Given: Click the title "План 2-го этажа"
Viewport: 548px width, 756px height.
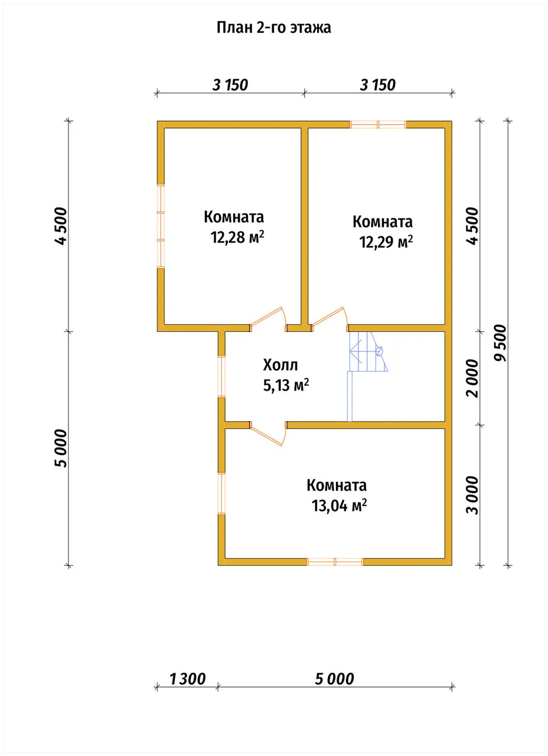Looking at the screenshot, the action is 273,28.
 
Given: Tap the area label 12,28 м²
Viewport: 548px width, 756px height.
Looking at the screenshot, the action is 237,237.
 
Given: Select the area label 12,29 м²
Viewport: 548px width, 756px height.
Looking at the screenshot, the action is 386,242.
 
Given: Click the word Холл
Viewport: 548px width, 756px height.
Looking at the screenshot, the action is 280,365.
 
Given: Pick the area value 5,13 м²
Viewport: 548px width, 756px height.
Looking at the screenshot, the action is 286,385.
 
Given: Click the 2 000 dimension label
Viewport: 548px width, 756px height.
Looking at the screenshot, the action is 472,379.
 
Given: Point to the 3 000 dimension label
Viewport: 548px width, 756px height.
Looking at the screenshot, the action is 472,495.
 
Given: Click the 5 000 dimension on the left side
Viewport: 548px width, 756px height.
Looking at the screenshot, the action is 61,448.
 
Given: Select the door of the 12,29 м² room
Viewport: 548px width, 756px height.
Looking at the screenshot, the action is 330,320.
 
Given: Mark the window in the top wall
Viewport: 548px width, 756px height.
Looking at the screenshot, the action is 378,125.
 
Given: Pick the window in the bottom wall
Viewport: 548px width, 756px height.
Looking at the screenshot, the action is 335,562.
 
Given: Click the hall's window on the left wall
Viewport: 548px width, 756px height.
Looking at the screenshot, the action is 221,376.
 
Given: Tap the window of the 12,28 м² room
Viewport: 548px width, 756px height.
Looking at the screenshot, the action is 161,226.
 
